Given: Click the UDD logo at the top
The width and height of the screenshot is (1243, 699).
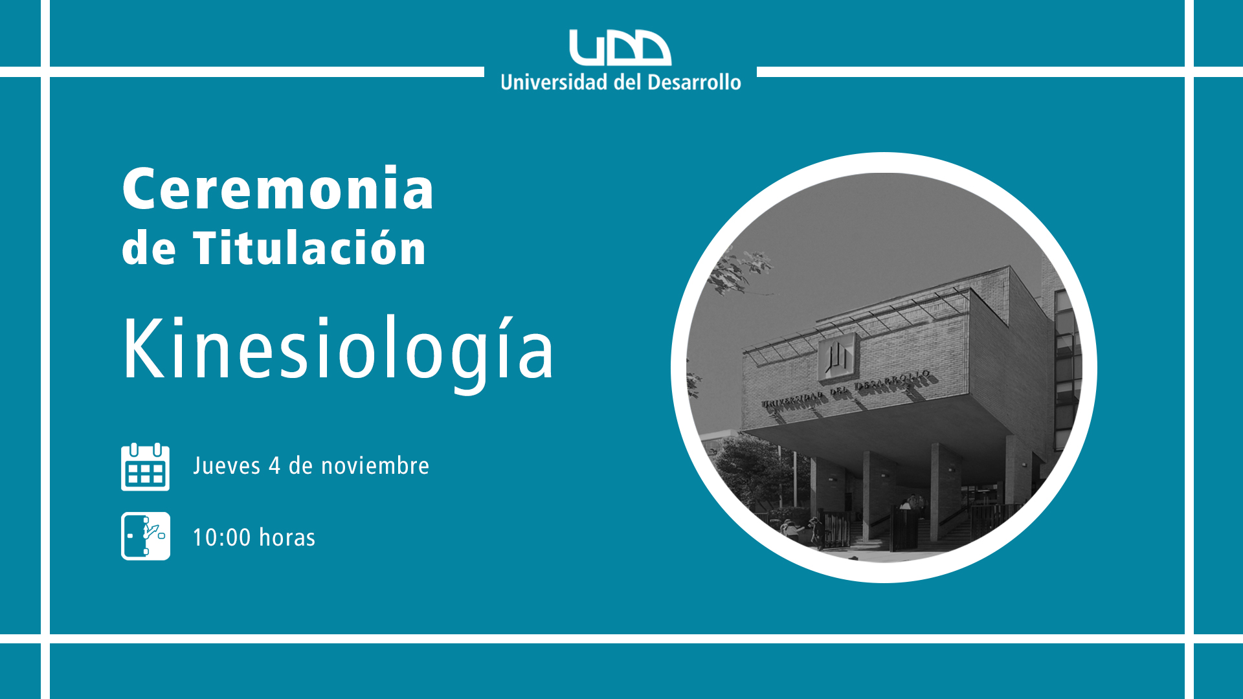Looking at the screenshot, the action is coord(620,47).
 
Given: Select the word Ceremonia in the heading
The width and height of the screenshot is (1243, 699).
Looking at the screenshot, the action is coord(278,188).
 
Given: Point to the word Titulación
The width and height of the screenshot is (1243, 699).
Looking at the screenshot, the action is coord(309,247).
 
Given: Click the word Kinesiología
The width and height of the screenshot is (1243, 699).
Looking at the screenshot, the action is coord(338,350).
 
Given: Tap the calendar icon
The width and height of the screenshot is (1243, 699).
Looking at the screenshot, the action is coord(146,467).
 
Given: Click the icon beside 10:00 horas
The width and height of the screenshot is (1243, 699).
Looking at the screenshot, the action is coord(146,536).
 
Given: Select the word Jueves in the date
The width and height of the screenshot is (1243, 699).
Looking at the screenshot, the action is coord(227,466).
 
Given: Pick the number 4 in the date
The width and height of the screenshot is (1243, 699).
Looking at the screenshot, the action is coord(274,466).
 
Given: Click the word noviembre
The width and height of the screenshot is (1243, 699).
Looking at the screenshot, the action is coord(375,466).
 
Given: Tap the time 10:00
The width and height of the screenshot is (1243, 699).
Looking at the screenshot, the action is coord(221,537).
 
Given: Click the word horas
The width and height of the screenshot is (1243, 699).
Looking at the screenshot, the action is coord(287,537).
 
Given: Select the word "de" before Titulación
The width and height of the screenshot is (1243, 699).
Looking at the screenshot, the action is coord(149,248).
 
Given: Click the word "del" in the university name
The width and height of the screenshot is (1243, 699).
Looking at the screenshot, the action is coord(627,82).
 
